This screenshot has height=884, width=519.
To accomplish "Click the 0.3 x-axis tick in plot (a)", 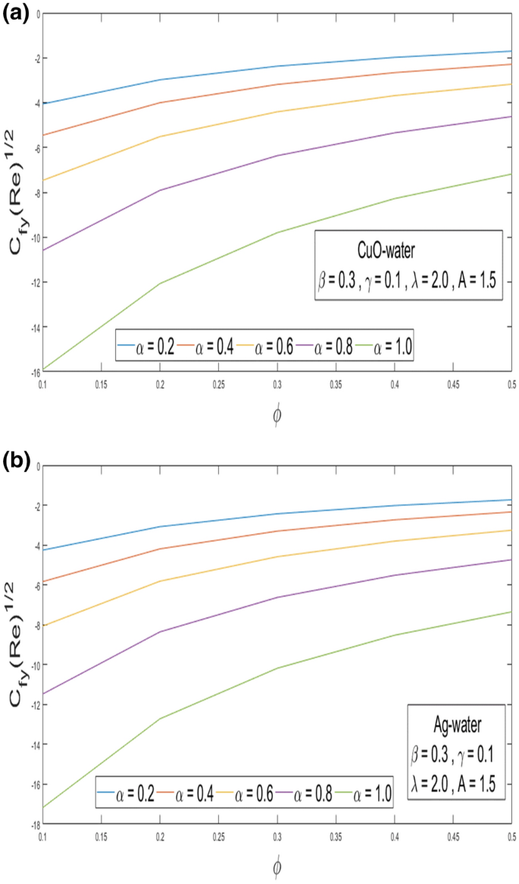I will pos(277,385).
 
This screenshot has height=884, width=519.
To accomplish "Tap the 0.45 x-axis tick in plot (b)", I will pos(452,838).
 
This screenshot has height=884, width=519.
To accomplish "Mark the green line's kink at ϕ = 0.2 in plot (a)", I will pos(159,284).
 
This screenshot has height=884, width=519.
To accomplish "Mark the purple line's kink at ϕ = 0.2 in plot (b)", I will pos(159,631).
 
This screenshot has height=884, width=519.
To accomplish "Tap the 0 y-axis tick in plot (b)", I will pos(35,466).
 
